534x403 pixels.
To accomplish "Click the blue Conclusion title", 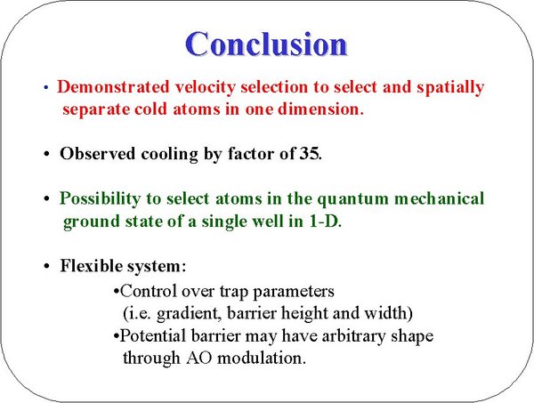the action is click(266, 44).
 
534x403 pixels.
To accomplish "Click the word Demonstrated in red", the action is click(113, 86).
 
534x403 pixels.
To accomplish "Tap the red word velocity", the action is click(205, 87).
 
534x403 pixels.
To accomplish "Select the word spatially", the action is click(450, 87).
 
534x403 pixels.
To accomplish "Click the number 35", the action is click(310, 154).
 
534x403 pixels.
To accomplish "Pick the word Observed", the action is click(97, 154).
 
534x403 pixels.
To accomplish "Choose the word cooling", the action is click(169, 155).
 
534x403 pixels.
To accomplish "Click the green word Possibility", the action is click(100, 198).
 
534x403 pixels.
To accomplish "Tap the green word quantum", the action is click(352, 199).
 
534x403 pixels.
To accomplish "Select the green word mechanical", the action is click(439, 198).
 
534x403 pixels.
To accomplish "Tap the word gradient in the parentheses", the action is click(188, 313).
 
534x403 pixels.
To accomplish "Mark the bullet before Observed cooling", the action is click(46, 154).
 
